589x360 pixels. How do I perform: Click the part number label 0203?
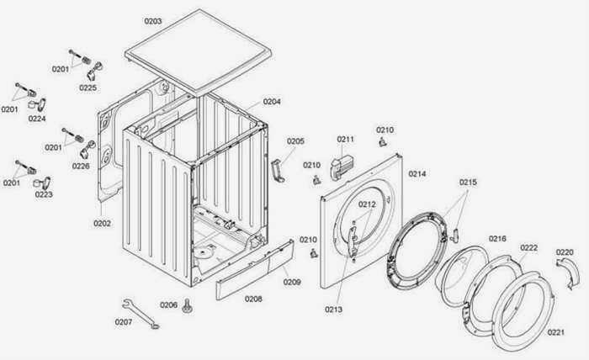click(153, 21)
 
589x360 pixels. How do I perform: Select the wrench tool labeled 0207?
click(141, 314)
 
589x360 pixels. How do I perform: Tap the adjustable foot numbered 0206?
click(187, 305)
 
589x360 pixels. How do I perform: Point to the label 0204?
click(272, 102)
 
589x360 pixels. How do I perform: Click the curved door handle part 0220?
click(568, 273)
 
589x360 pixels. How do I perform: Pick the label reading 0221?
click(556, 332)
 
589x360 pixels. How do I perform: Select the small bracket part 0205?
click(278, 171)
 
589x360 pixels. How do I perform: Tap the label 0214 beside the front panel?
click(417, 174)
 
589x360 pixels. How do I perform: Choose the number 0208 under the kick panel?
click(253, 299)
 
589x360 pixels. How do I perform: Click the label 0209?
click(292, 282)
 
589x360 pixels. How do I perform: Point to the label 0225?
click(88, 87)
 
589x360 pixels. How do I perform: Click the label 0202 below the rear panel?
click(102, 224)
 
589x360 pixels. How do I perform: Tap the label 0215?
click(468, 183)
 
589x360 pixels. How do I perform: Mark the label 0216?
click(497, 239)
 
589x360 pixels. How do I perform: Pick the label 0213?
click(333, 310)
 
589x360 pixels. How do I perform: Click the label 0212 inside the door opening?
click(367, 204)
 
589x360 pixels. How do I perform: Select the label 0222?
click(529, 248)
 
